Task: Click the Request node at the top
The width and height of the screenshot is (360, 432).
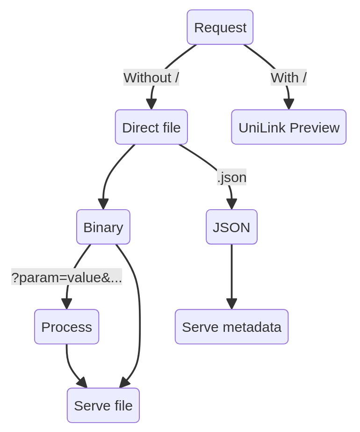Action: click(220, 27)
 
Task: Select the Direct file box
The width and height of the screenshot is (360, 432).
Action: click(151, 127)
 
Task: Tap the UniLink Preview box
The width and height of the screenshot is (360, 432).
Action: click(288, 127)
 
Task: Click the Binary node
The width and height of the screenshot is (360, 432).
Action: click(103, 227)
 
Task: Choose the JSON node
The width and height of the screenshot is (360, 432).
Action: click(231, 227)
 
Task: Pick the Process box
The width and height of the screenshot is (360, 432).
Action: click(66, 327)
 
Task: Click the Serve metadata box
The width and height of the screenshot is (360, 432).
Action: click(231, 327)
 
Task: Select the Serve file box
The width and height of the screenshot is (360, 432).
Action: click(103, 405)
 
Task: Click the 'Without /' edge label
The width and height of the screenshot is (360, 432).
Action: click(151, 78)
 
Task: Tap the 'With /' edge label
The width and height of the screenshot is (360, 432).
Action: click(288, 78)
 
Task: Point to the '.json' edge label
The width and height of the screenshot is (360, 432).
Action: click(231, 177)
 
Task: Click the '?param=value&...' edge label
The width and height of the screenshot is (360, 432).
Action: click(66, 277)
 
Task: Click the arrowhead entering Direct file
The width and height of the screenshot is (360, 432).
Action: click(151, 104)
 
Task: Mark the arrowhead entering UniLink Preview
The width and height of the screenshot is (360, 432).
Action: click(288, 104)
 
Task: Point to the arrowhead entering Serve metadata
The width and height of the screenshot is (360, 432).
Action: click(231, 304)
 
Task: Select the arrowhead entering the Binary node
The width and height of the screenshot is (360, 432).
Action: click(103, 205)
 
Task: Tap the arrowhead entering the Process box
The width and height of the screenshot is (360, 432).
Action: click(67, 304)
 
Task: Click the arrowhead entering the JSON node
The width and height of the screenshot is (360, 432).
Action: click(231, 205)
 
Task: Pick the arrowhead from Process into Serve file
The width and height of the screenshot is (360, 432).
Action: click(82, 383)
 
